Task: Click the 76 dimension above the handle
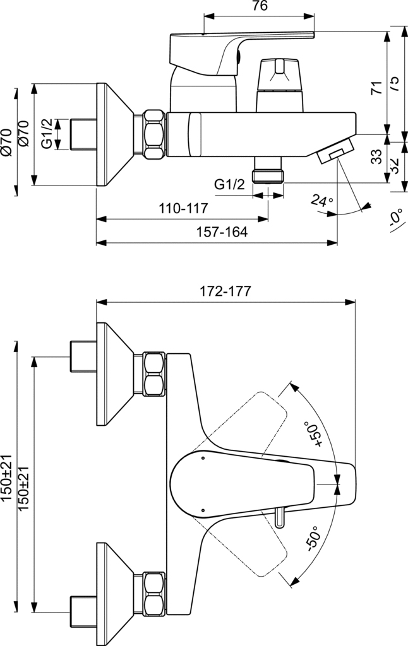(x=260, y=7)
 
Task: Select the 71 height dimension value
(x=376, y=88)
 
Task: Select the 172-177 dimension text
(x=225, y=291)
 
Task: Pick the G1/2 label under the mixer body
(x=229, y=185)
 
